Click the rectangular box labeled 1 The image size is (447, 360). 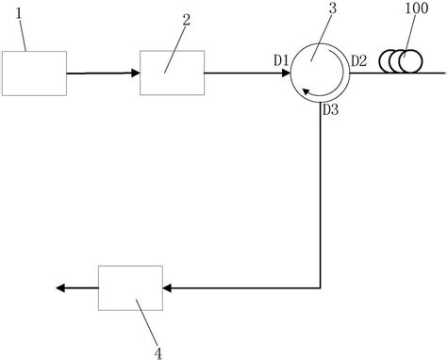tap(35, 74)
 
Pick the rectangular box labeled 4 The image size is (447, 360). tap(130, 286)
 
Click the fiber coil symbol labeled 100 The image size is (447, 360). tap(399, 62)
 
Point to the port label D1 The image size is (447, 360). tap(281, 61)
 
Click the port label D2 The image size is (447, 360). tap(357, 61)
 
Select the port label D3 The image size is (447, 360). tap(330, 110)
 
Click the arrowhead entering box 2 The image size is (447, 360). tap(134, 74)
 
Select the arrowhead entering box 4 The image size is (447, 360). tap(168, 287)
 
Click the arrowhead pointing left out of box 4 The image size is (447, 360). tap(59, 287)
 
